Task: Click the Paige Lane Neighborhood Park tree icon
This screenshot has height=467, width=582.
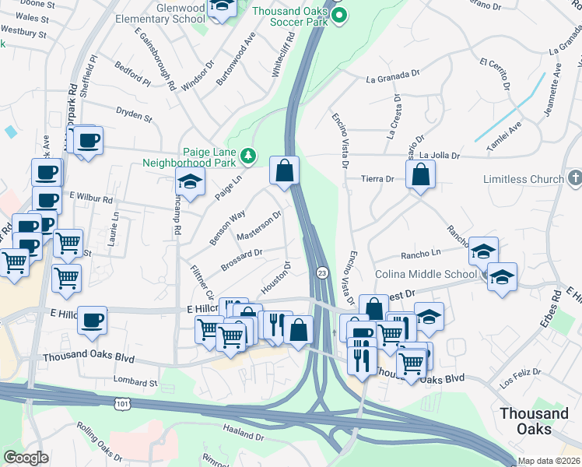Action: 248,157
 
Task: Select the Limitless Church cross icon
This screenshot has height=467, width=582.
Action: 574,179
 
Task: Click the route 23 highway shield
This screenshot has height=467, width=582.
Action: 321,272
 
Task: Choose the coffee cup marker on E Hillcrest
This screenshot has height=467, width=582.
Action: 92,320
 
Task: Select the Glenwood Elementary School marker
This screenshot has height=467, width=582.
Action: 223,7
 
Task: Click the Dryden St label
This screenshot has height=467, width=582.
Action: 134,115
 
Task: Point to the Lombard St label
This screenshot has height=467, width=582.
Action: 137,382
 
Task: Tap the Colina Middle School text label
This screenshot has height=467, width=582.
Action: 426,274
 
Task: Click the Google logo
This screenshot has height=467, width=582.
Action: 26,458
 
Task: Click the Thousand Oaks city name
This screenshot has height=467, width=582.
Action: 534,420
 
